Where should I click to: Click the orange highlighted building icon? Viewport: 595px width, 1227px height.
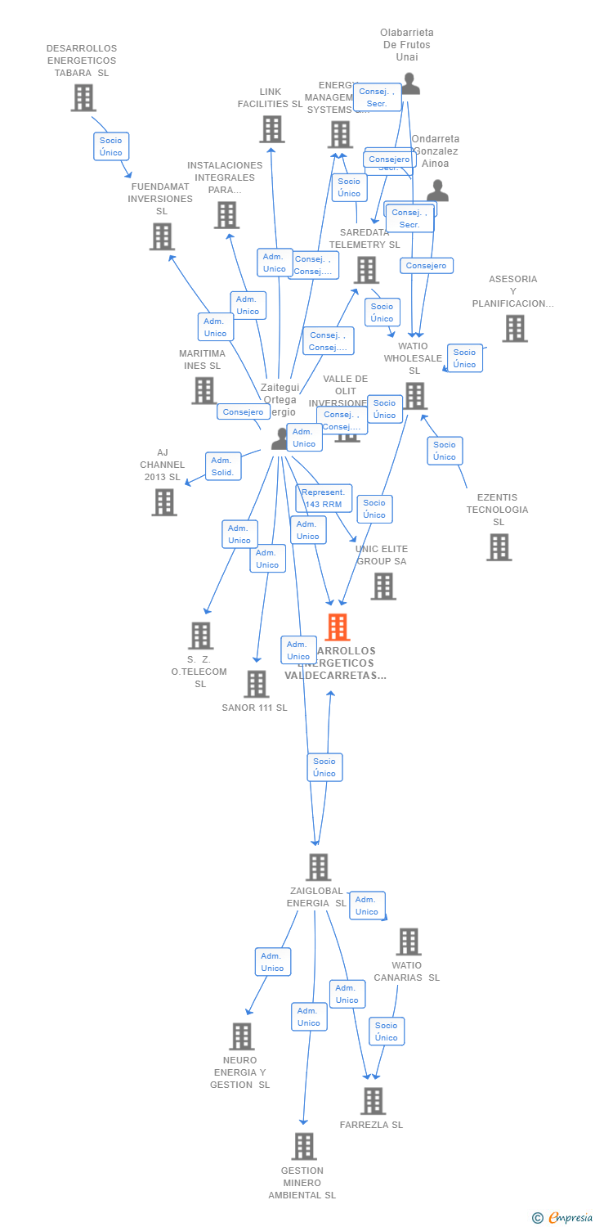click(337, 627)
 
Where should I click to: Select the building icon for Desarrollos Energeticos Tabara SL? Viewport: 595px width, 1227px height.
click(83, 98)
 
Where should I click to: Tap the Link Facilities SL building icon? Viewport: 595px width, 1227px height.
click(272, 129)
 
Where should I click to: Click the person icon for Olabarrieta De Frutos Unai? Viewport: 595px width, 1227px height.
click(410, 84)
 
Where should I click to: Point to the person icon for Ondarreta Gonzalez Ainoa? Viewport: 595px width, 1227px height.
click(438, 191)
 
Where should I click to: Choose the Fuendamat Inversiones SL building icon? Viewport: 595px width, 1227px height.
click(162, 237)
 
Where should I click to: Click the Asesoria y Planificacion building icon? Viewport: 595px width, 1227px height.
click(514, 329)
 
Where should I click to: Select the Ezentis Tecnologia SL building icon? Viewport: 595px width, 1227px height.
click(499, 547)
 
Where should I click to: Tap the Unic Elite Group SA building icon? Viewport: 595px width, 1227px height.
click(382, 586)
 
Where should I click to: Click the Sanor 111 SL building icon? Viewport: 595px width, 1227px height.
click(256, 684)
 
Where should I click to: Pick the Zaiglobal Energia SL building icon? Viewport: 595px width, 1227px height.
click(318, 867)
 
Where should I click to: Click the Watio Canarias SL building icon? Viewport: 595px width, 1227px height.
click(408, 942)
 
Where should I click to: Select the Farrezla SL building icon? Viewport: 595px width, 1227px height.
click(373, 1101)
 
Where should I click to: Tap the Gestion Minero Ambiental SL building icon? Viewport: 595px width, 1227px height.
click(303, 1147)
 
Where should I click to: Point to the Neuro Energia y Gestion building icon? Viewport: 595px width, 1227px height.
click(241, 1036)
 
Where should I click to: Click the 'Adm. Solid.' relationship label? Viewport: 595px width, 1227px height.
click(223, 466)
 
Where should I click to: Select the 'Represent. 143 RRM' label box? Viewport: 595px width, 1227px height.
click(324, 498)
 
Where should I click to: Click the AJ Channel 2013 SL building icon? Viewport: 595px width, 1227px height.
click(164, 502)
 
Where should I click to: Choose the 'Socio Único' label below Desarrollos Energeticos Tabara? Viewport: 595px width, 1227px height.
click(111, 146)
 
